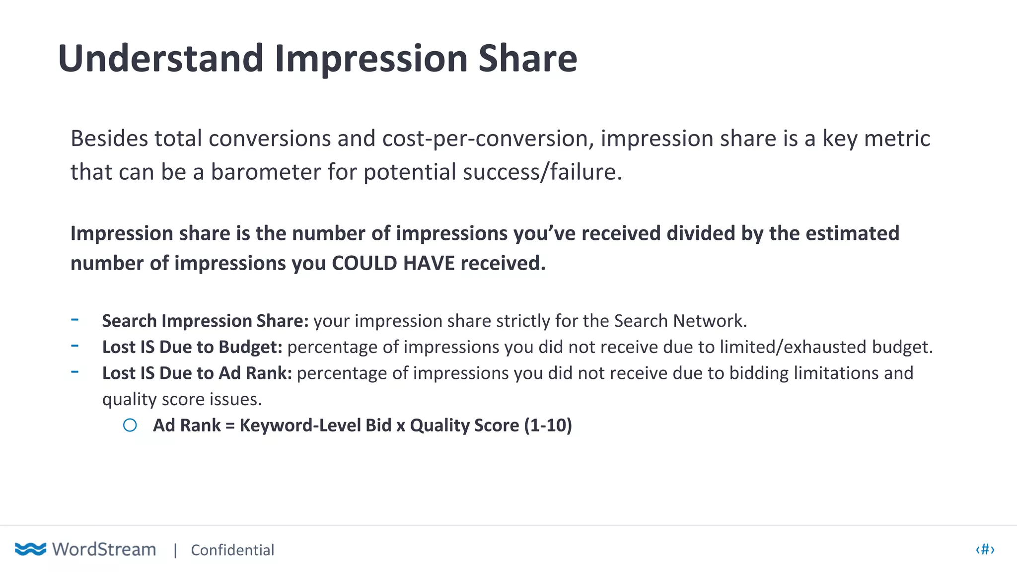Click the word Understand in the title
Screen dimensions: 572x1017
tap(160, 59)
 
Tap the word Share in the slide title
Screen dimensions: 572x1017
tap(527, 59)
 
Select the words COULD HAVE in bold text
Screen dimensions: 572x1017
tap(393, 263)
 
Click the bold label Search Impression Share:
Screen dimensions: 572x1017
tap(206, 321)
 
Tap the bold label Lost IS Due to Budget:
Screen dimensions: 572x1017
tap(192, 347)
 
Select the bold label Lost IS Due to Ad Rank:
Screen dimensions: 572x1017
tap(197, 373)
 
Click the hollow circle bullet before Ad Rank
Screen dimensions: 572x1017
tap(130, 426)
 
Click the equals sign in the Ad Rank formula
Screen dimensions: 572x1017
tap(230, 426)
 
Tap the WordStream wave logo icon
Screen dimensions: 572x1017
tap(30, 549)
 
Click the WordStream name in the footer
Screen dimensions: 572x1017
tap(104, 550)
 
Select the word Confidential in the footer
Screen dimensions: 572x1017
tap(232, 550)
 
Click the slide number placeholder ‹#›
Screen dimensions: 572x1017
tap(985, 550)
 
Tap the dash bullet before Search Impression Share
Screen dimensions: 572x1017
tap(75, 320)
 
